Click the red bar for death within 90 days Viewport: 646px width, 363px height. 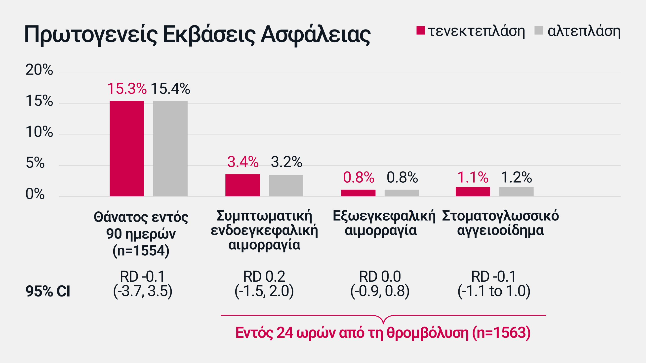(x=127, y=148)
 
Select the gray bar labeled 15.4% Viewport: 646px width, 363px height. (x=170, y=148)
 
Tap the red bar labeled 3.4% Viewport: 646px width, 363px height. (x=242, y=185)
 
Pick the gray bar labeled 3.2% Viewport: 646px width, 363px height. (x=286, y=186)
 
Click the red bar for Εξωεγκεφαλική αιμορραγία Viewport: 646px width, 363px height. (x=358, y=193)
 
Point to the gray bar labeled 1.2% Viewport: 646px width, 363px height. (x=516, y=192)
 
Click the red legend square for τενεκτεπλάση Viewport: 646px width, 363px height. (x=421, y=31)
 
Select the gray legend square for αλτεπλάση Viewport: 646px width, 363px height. (x=539, y=31)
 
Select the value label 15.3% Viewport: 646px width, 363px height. (x=127, y=89)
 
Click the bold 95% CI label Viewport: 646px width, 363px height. (x=48, y=291)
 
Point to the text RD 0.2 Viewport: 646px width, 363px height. (x=264, y=277)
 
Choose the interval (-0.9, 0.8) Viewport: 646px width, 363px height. (x=380, y=291)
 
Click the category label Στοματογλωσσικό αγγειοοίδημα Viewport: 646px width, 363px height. (x=500, y=223)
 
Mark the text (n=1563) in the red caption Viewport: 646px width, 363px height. (x=501, y=333)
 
